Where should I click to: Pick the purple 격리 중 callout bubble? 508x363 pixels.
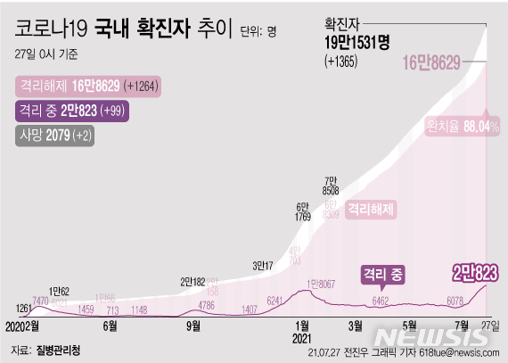coord(382,275)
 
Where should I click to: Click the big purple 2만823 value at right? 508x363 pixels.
coord(474,270)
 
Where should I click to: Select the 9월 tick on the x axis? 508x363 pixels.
coord(193,326)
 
